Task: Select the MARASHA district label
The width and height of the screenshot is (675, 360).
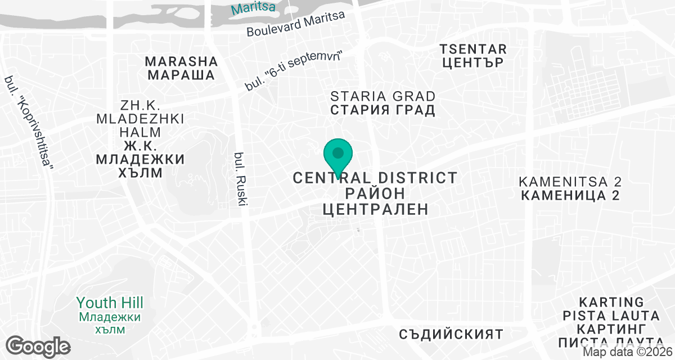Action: pyautogui.click(x=181, y=61)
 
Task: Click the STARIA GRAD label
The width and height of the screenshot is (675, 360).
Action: pyautogui.click(x=382, y=96)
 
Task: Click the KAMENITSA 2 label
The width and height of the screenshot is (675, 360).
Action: pyautogui.click(x=570, y=182)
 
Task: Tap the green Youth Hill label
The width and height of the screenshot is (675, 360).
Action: pyautogui.click(x=110, y=303)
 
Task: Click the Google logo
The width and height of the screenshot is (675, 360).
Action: pyautogui.click(x=38, y=345)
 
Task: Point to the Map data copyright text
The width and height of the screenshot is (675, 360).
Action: pyautogui.click(x=627, y=352)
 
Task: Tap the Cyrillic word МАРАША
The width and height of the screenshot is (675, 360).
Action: pyautogui.click(x=181, y=75)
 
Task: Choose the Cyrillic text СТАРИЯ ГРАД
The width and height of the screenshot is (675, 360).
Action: pyautogui.click(x=382, y=110)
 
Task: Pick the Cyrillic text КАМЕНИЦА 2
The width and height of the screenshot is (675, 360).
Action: pyautogui.click(x=570, y=196)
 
